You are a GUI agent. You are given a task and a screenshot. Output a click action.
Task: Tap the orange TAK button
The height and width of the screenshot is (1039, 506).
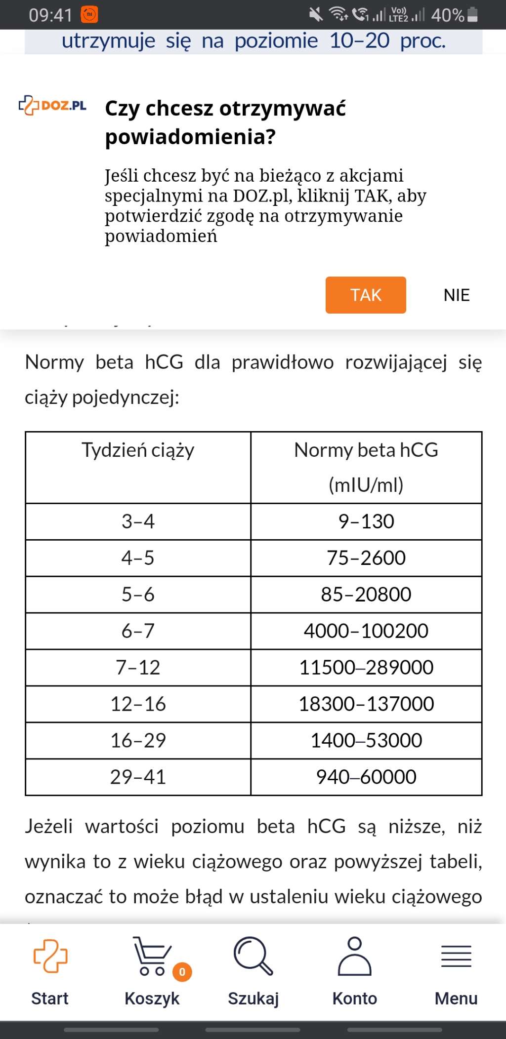coord(366,295)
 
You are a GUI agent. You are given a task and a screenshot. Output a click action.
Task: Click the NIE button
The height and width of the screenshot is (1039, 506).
coord(456,295)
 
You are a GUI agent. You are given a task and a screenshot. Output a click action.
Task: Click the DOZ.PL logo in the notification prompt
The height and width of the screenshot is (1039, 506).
coord(52,105)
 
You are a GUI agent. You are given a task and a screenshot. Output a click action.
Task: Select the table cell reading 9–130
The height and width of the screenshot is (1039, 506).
coord(366,521)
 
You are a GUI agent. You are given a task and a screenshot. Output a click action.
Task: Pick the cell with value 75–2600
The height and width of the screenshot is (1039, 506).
coord(366,558)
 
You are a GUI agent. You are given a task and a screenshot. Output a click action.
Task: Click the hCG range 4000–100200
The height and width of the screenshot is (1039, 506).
coord(366,631)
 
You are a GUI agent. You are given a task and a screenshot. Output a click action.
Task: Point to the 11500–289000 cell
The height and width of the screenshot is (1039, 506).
coord(366,668)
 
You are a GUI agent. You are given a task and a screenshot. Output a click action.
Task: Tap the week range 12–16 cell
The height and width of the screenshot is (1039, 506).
coord(138,704)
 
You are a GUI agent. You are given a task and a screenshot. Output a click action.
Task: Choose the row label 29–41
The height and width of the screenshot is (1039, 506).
coord(138,777)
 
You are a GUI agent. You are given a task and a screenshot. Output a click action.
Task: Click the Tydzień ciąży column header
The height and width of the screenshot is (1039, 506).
coord(138,450)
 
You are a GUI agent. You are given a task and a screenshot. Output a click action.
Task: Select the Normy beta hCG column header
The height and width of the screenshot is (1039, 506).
coord(366,467)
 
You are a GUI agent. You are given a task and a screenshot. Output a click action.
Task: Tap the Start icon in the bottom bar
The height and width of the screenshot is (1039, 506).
coord(50,956)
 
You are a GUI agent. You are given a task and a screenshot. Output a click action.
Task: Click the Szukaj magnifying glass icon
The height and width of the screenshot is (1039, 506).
coord(253,956)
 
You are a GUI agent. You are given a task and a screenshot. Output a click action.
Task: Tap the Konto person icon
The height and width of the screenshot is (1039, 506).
coord(354,956)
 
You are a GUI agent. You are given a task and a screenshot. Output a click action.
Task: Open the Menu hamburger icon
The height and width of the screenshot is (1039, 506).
coord(456,956)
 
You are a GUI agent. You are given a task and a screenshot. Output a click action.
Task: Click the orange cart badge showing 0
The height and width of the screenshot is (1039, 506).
coord(182,972)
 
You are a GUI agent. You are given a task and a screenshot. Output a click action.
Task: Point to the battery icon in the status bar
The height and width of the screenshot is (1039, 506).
coord(472,15)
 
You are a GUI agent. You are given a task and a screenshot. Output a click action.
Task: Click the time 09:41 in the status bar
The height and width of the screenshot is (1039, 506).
coord(50,15)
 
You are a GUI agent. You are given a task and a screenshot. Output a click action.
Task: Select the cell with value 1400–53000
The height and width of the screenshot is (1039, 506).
coord(366,741)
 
